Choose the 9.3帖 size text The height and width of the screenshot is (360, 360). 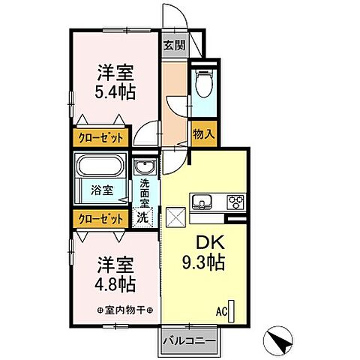pyautogui.click(x=204, y=264)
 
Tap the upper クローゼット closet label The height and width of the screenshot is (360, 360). pyautogui.click(x=99, y=138)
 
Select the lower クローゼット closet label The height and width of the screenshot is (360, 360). pyautogui.click(x=99, y=218)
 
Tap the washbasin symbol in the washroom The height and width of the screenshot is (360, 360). pyautogui.click(x=143, y=167)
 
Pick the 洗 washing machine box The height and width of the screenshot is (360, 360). pyautogui.click(x=142, y=218)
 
